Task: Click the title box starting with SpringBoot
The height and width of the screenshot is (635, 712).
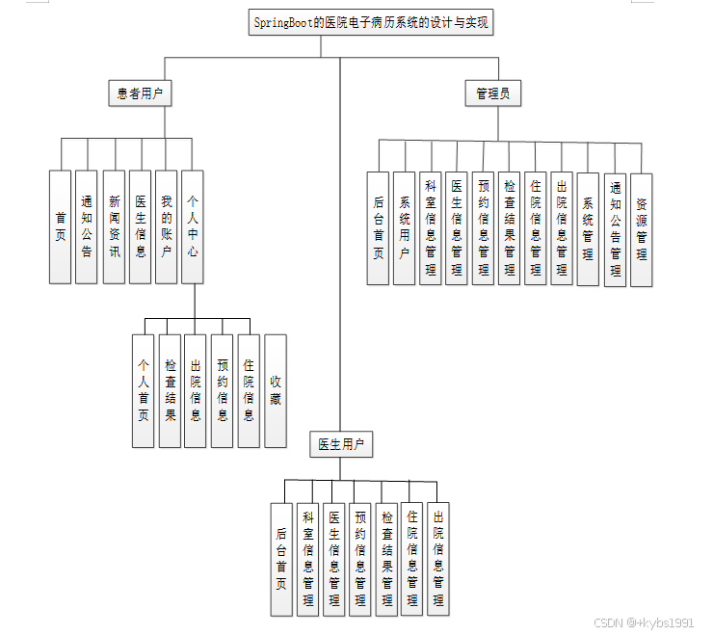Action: click(x=371, y=23)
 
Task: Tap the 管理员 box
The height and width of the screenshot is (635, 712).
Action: click(x=498, y=93)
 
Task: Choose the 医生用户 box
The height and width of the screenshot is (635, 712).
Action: click(x=341, y=444)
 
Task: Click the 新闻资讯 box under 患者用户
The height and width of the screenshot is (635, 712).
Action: click(x=115, y=226)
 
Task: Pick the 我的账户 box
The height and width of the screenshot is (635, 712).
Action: click(x=167, y=226)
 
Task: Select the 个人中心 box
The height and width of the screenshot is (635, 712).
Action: click(x=193, y=226)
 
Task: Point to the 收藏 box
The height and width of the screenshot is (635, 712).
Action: click(x=276, y=390)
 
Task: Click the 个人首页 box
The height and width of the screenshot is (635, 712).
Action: click(x=144, y=390)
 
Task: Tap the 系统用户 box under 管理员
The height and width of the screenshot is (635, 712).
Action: click(x=405, y=228)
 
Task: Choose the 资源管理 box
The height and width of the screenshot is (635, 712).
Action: click(x=642, y=230)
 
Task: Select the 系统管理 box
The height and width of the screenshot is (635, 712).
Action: click(x=588, y=228)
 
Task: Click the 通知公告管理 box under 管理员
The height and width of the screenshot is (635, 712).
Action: click(x=615, y=230)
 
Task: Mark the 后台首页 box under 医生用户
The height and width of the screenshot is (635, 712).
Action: click(x=281, y=559)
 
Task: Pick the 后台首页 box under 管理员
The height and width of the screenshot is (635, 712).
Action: click(x=378, y=228)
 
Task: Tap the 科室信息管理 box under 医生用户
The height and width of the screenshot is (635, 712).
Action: click(x=307, y=559)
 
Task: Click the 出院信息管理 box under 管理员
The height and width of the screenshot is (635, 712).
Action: click(x=562, y=228)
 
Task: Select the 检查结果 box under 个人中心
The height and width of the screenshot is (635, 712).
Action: click(x=170, y=390)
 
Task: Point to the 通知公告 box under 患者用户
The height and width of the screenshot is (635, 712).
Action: click(x=87, y=226)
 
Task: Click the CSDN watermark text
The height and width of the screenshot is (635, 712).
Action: click(x=643, y=622)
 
